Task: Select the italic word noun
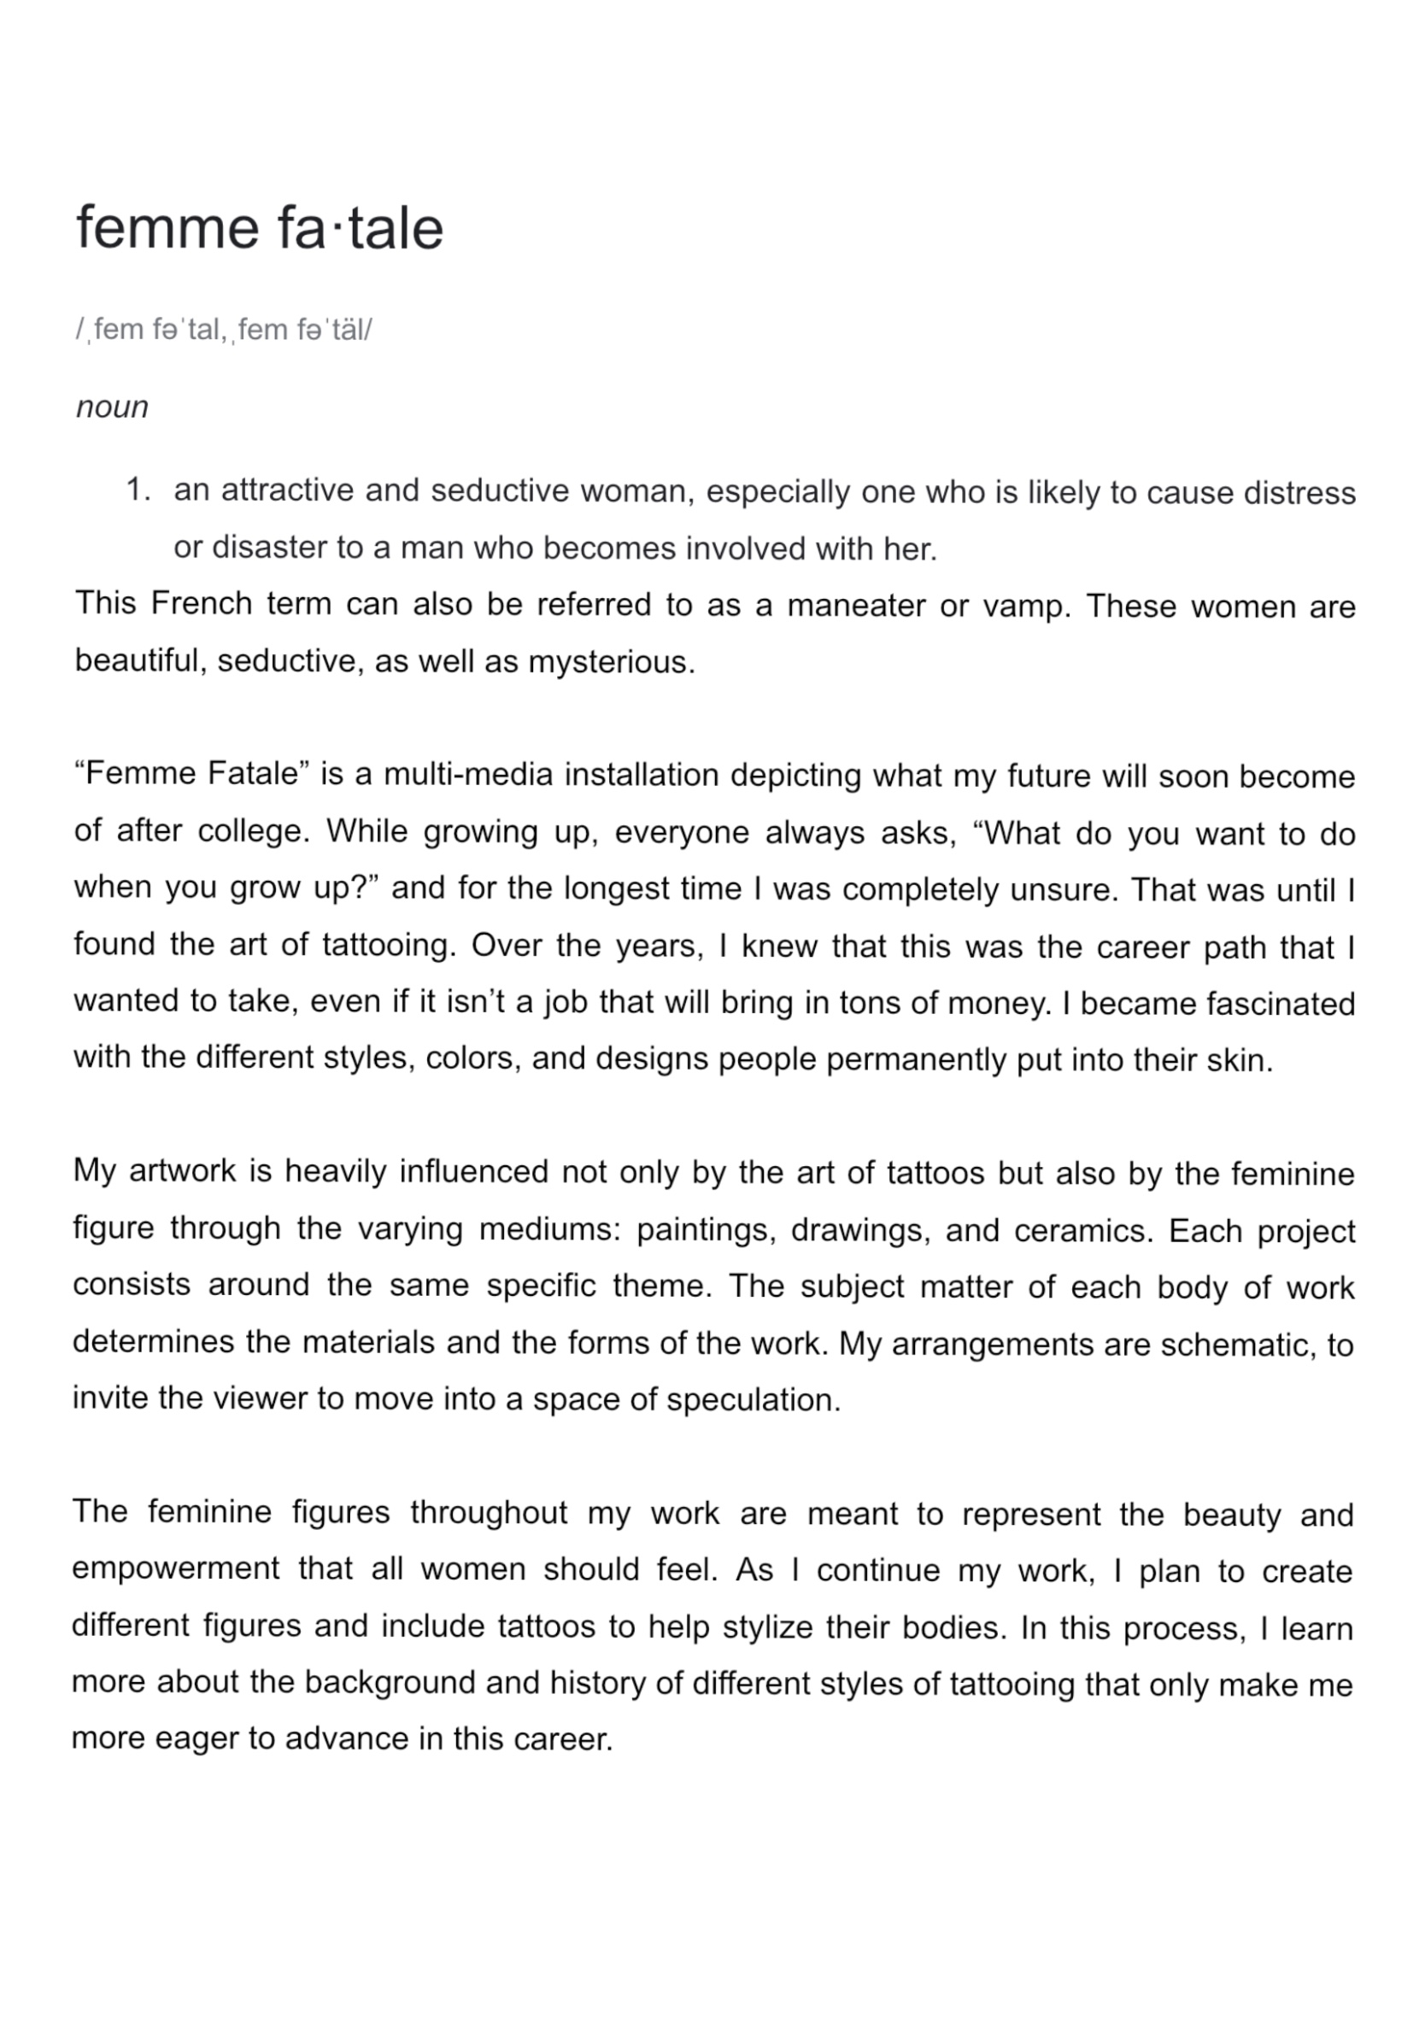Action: [112, 407]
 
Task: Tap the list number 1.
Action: [138, 489]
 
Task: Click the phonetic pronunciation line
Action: [224, 330]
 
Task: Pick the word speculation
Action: [753, 1400]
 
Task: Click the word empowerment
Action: [175, 1570]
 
